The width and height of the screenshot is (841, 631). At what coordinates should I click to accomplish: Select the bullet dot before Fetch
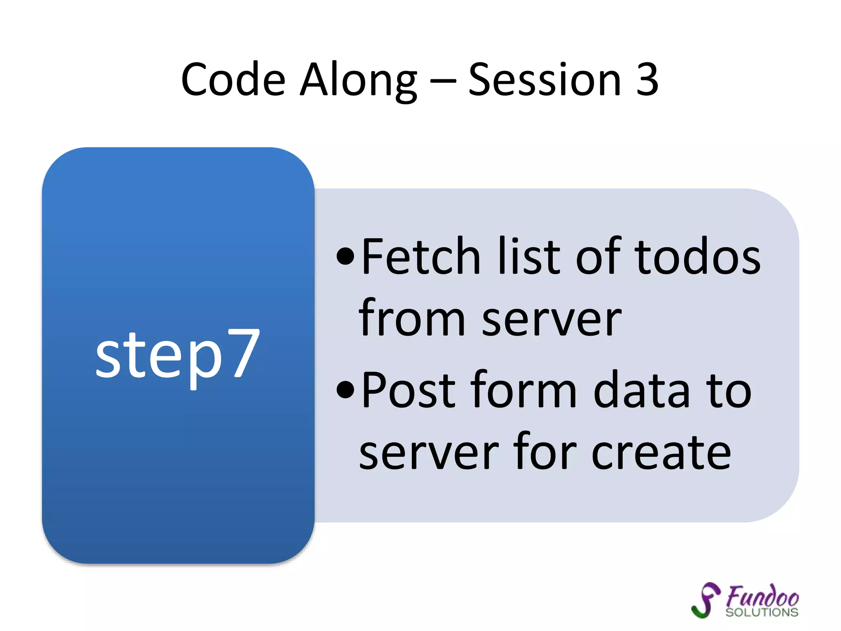click(x=345, y=257)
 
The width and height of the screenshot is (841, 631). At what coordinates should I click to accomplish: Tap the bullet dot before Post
click(x=345, y=390)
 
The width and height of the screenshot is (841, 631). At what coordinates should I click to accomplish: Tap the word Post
click(x=409, y=390)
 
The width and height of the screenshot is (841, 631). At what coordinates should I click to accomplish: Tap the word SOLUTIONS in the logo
click(x=762, y=612)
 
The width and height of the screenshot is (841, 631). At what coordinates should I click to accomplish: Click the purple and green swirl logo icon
click(x=705, y=600)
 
